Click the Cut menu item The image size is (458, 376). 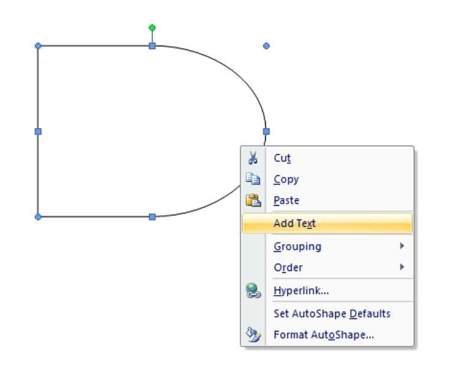point(282,158)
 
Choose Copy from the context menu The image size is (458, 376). point(286,179)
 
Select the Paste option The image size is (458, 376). point(286,200)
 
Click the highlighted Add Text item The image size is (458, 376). point(327,224)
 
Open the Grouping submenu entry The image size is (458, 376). point(297,246)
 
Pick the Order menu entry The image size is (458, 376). point(288,267)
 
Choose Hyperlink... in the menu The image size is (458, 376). point(301,291)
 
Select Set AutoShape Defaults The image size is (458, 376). point(332,313)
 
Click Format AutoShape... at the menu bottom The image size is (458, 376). point(324,335)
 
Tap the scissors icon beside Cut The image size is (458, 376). point(253,158)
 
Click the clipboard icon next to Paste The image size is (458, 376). point(253,200)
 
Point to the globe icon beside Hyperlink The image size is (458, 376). point(253,291)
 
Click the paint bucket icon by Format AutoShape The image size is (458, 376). point(253,335)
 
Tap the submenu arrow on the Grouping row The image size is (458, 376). point(402,246)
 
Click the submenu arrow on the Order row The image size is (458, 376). point(402,267)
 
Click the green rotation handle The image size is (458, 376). point(152,28)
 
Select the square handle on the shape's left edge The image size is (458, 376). point(38,131)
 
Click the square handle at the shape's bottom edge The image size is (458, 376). point(152,217)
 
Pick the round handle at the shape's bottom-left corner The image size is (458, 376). point(38,217)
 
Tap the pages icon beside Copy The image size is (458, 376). point(253,179)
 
